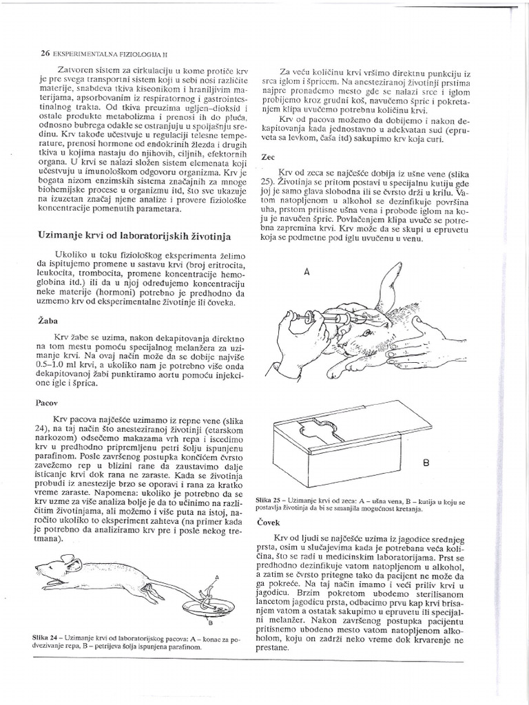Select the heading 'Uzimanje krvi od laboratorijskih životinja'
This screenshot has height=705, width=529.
[132, 235]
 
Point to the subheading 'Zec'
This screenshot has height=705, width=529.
[268, 157]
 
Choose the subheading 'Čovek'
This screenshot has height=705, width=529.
[271, 523]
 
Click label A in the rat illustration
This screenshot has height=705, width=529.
[216, 575]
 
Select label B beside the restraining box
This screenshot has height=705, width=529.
[425, 463]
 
